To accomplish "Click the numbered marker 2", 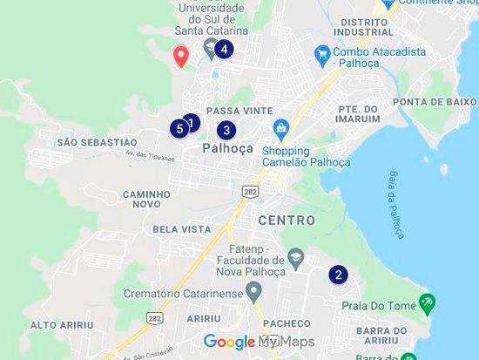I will tap(337, 275).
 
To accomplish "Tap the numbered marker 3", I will tap(226, 131).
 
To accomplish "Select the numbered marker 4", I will tap(224, 49).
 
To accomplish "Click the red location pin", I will tap(181, 56).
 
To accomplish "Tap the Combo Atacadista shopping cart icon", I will tap(322, 54).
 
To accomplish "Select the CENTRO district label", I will tap(287, 221).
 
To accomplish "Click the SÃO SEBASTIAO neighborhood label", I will tap(96, 141).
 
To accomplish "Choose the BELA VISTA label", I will tap(182, 229).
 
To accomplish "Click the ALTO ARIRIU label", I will tap(61, 324).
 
